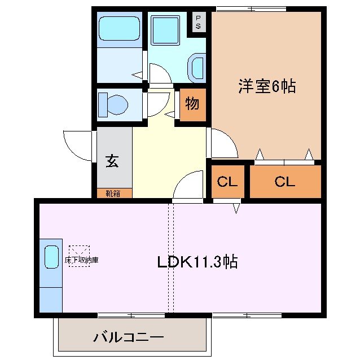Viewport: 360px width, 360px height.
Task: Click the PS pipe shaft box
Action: [x=199, y=22]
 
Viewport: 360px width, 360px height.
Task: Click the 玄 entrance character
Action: [x=113, y=161]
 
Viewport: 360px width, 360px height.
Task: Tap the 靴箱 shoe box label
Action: [x=113, y=194]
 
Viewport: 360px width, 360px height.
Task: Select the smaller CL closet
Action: [x=227, y=182]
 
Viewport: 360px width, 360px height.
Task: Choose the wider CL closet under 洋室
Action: [x=285, y=182]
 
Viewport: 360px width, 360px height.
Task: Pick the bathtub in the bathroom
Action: [x=119, y=28]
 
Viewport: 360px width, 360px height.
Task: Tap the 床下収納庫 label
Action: [x=81, y=261]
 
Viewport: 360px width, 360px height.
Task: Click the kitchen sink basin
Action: [x=52, y=257]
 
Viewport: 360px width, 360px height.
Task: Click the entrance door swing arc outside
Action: [x=77, y=144]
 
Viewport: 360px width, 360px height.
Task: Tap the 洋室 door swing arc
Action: [x=225, y=144]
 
